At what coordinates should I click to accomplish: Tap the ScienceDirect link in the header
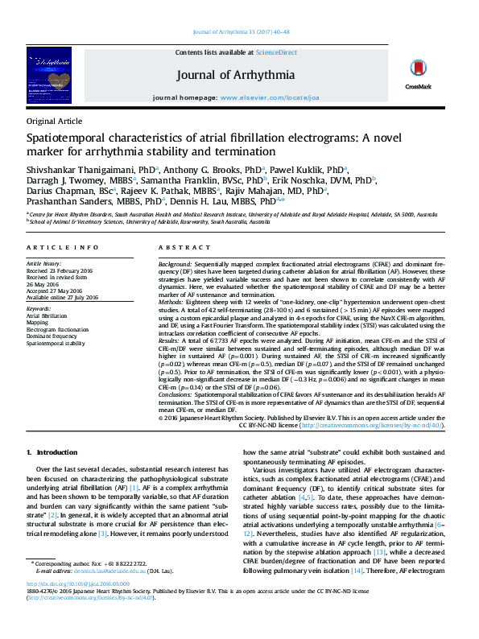coord(276,52)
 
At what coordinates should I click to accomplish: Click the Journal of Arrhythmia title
coord(235,75)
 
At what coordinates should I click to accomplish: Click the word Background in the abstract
coord(175,264)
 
